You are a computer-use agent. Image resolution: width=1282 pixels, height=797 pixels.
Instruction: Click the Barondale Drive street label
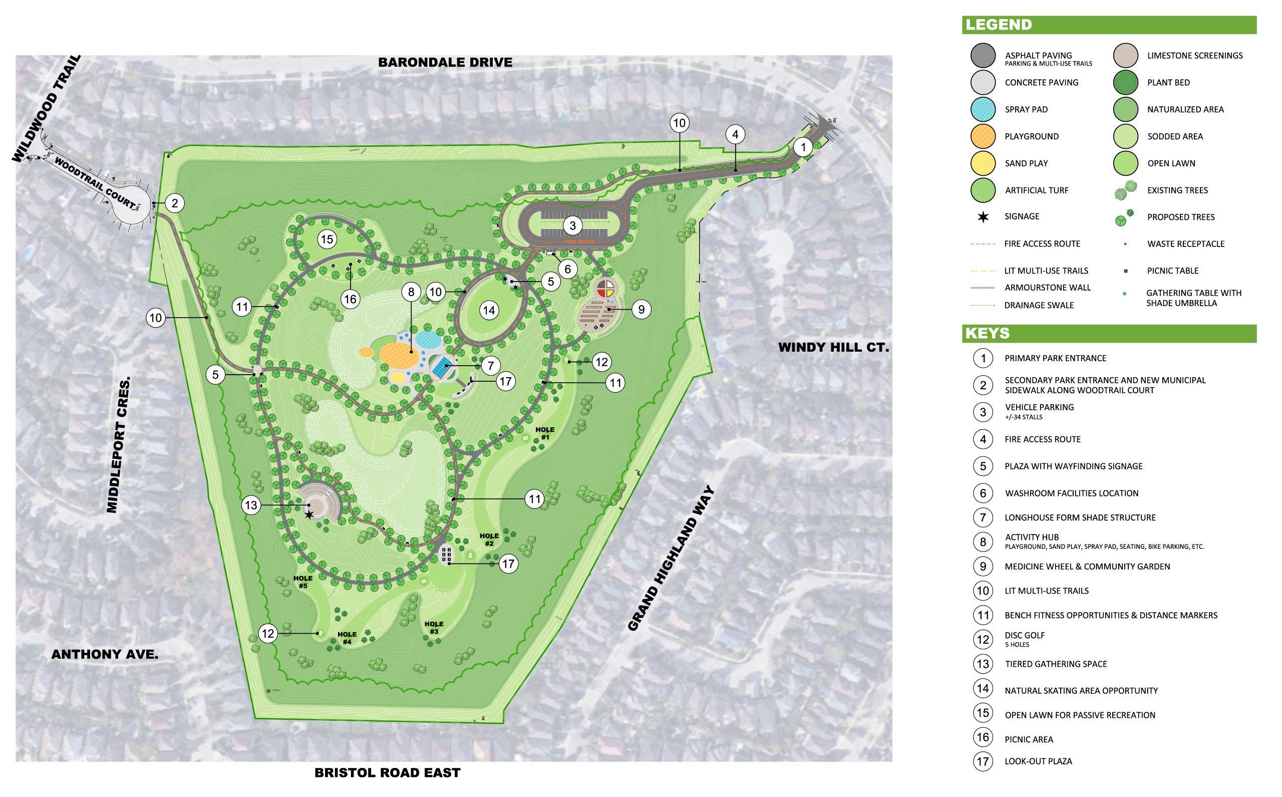[x=445, y=62]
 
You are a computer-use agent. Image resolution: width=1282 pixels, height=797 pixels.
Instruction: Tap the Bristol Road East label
[x=387, y=773]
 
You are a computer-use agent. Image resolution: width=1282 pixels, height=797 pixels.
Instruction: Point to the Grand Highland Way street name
[x=672, y=559]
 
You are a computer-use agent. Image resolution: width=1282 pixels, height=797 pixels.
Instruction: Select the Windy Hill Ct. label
[x=834, y=347]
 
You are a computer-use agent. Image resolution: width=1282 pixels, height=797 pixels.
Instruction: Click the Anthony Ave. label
[x=105, y=655]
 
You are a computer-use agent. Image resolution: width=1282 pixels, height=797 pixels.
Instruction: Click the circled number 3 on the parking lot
[x=572, y=226]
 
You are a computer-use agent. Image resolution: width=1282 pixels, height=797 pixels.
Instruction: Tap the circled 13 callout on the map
[x=251, y=505]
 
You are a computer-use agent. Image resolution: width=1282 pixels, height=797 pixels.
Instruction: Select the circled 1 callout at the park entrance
[x=803, y=147]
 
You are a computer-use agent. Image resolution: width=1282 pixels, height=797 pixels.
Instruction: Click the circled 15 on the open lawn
[x=327, y=239]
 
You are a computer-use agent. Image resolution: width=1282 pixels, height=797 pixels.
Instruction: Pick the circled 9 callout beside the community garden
[x=642, y=310]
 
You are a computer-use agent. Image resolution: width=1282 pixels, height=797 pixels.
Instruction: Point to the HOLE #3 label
[x=434, y=627]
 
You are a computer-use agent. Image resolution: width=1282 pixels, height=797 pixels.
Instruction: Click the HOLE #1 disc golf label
[x=545, y=433]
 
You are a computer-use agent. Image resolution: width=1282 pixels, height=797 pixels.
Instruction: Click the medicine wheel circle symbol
[x=606, y=288]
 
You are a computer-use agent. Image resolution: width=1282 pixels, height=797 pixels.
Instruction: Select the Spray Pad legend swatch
[x=983, y=110]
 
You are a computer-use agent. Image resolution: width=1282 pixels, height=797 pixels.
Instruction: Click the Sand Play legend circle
[x=983, y=163]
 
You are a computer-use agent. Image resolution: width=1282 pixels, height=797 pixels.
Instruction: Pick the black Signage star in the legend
[x=983, y=216]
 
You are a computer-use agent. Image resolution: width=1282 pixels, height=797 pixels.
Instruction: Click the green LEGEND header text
[x=998, y=25]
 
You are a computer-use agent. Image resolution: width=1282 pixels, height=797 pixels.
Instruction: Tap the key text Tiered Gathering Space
[x=1056, y=664]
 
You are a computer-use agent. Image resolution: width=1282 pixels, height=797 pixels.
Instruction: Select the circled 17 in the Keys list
[x=983, y=761]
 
